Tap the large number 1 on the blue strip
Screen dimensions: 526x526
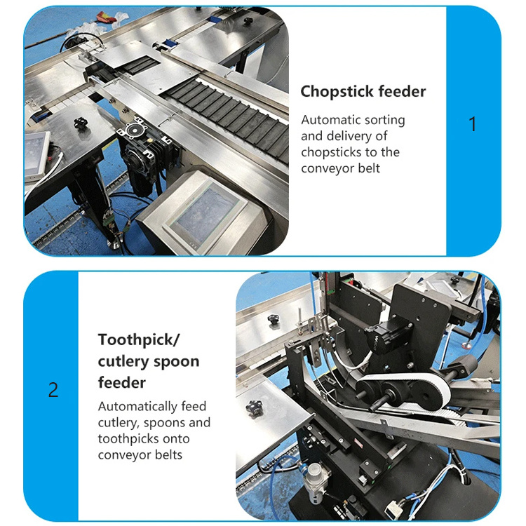(472, 124)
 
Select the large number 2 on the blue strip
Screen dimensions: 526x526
(53, 390)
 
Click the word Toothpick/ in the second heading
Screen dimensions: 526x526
(140, 340)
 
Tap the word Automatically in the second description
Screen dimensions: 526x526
(138, 407)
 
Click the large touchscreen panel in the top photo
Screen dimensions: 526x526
(206, 214)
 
